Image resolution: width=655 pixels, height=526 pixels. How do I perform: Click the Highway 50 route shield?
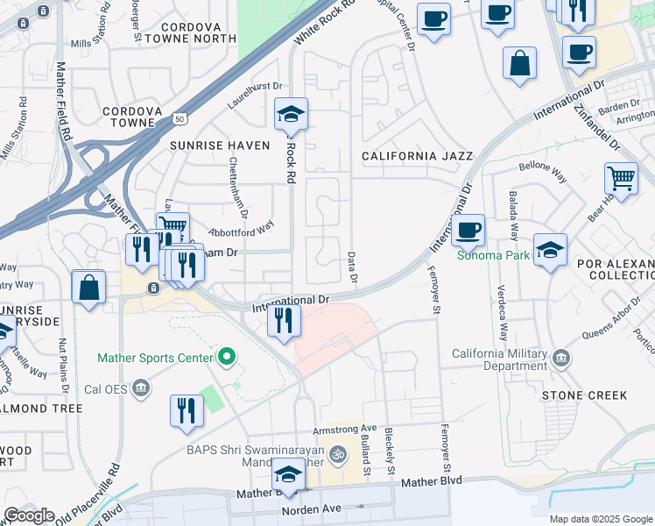click(x=180, y=117)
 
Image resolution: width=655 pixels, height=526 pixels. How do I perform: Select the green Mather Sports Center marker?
click(x=227, y=357)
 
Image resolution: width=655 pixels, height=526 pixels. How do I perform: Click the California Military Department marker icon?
click(x=560, y=358)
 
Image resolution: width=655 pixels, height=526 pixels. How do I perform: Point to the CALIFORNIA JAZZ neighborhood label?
click(x=418, y=156)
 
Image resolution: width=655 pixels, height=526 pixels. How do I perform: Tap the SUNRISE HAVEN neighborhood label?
click(x=220, y=145)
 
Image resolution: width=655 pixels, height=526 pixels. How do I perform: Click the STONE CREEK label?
click(x=584, y=395)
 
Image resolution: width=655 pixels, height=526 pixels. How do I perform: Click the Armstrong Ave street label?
click(x=345, y=430)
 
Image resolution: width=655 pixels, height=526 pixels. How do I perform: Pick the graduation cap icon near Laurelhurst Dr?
click(x=291, y=114)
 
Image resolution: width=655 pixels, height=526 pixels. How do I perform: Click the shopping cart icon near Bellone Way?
click(x=620, y=177)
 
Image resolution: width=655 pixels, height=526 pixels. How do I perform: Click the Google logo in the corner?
click(x=29, y=515)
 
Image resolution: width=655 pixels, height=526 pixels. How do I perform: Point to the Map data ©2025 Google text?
click(x=601, y=519)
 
